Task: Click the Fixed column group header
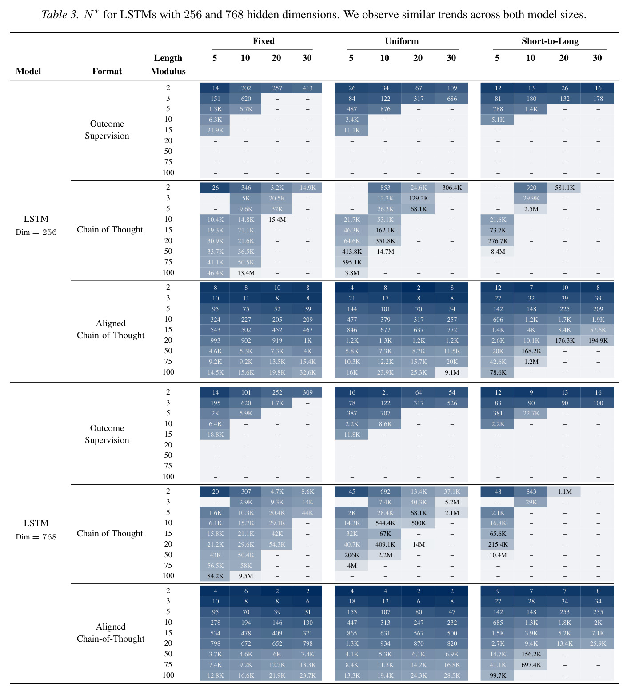264,41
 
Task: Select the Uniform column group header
402,41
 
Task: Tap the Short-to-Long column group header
550,41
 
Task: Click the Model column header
28,71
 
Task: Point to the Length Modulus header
168,64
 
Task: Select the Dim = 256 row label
36,232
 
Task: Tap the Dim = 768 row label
36,537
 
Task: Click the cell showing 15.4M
276,220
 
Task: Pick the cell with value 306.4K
451,188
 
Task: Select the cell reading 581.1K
564,188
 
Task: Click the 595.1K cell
351,262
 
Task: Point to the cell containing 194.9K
598,340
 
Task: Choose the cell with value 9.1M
451,372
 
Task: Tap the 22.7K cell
531,413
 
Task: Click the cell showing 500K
418,523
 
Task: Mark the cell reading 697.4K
531,665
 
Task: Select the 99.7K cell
498,675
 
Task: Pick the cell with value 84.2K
215,576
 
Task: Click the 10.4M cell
498,555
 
